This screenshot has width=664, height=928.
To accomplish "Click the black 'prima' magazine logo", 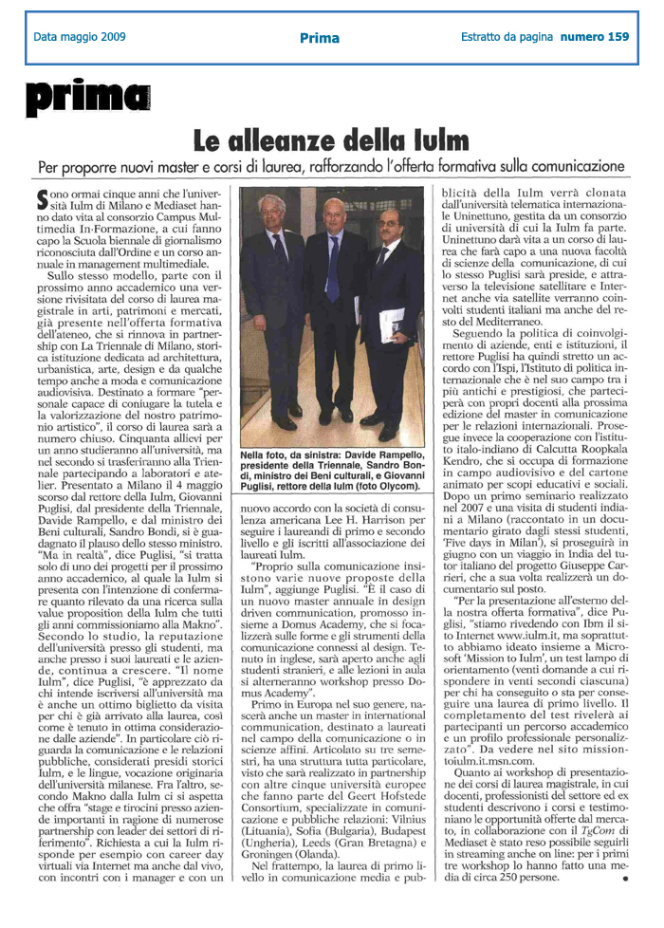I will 87,97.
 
